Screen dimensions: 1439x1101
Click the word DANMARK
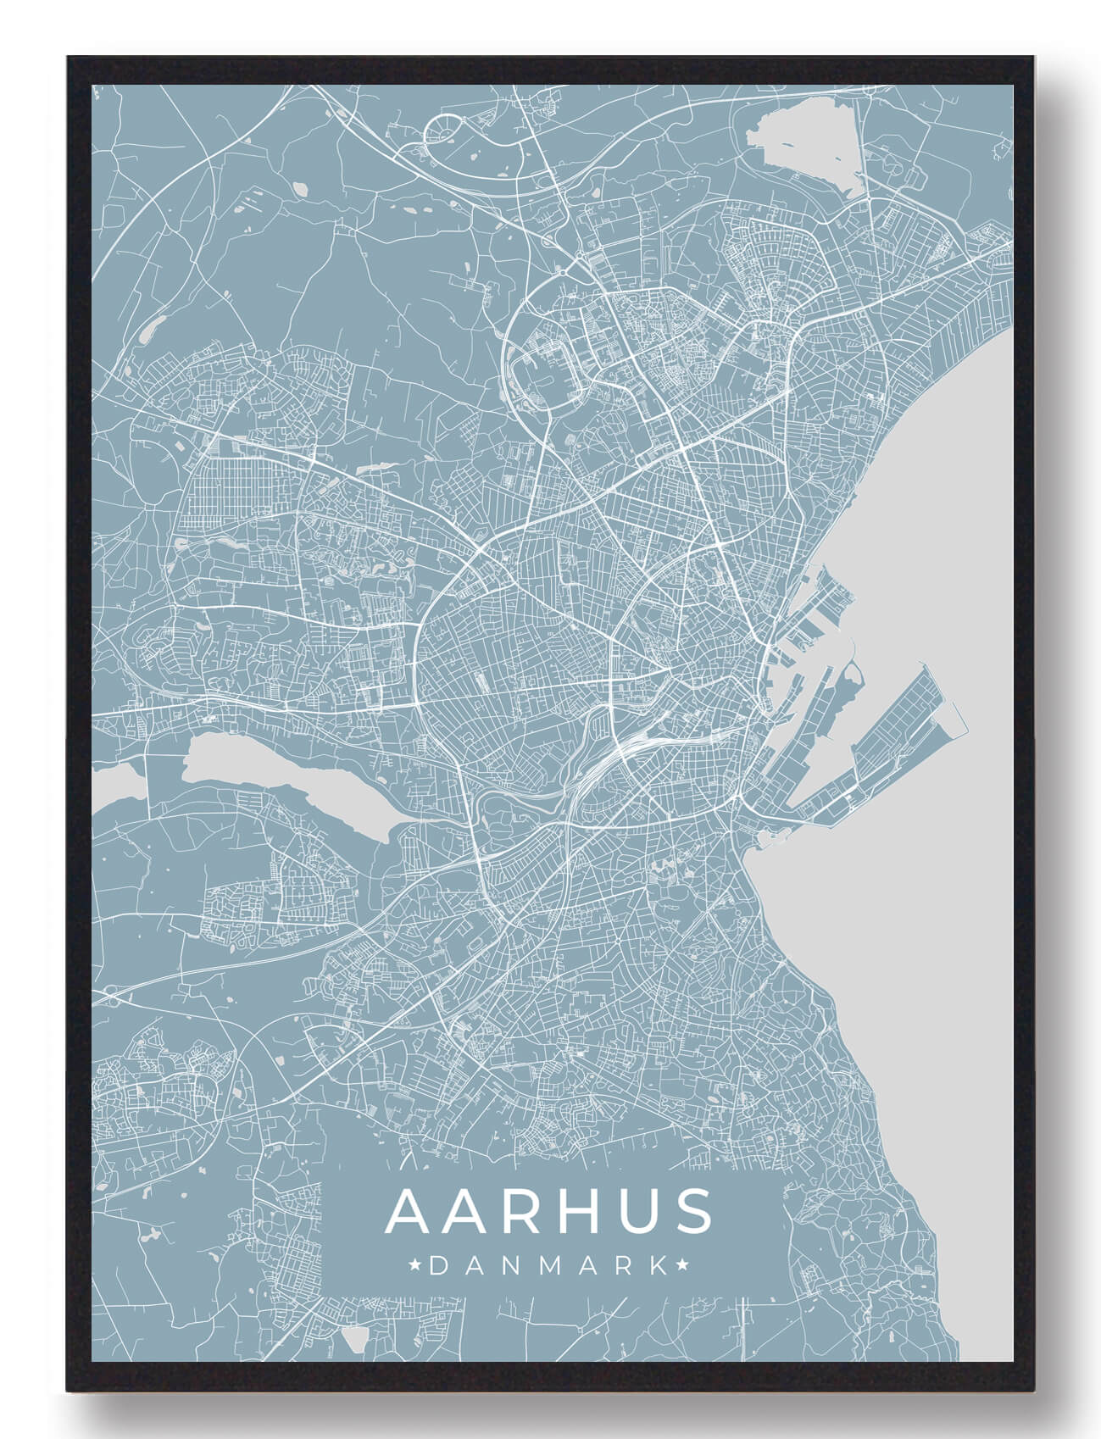click(548, 1266)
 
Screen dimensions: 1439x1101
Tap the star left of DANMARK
click(415, 1266)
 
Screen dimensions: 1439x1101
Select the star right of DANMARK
click(681, 1266)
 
